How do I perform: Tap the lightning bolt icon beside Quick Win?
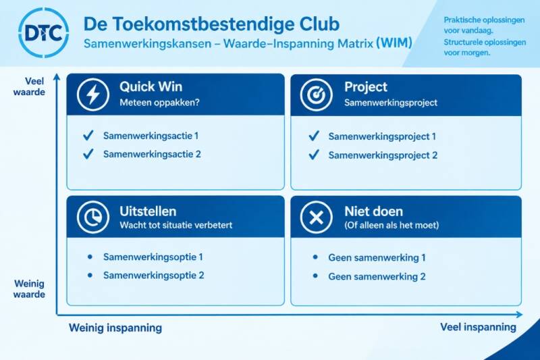pyautogui.click(x=93, y=95)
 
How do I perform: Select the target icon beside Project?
pyautogui.click(x=316, y=95)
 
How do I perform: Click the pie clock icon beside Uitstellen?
pyautogui.click(x=93, y=217)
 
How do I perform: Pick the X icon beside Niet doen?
pyautogui.click(x=316, y=217)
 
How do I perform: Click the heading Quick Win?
pyautogui.click(x=151, y=87)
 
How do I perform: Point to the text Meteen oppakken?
pyautogui.click(x=159, y=102)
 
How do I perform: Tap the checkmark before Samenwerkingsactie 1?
pyautogui.click(x=88, y=135)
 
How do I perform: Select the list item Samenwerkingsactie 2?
pyautogui.click(x=152, y=154)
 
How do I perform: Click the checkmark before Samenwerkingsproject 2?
pyautogui.click(x=314, y=155)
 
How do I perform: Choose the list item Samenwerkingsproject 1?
pyautogui.click(x=382, y=136)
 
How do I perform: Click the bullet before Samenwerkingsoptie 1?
pyautogui.click(x=90, y=257)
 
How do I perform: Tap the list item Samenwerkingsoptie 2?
pyautogui.click(x=154, y=276)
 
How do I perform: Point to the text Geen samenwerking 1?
pyautogui.click(x=377, y=258)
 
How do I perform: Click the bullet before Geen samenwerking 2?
pyautogui.click(x=315, y=276)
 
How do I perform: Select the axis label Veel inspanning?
pyautogui.click(x=478, y=327)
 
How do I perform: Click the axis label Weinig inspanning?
pyautogui.click(x=115, y=328)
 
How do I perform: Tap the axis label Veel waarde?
pyautogui.click(x=29, y=86)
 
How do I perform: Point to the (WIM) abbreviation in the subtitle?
pyautogui.click(x=394, y=43)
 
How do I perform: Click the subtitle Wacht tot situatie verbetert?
pyautogui.click(x=176, y=226)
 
